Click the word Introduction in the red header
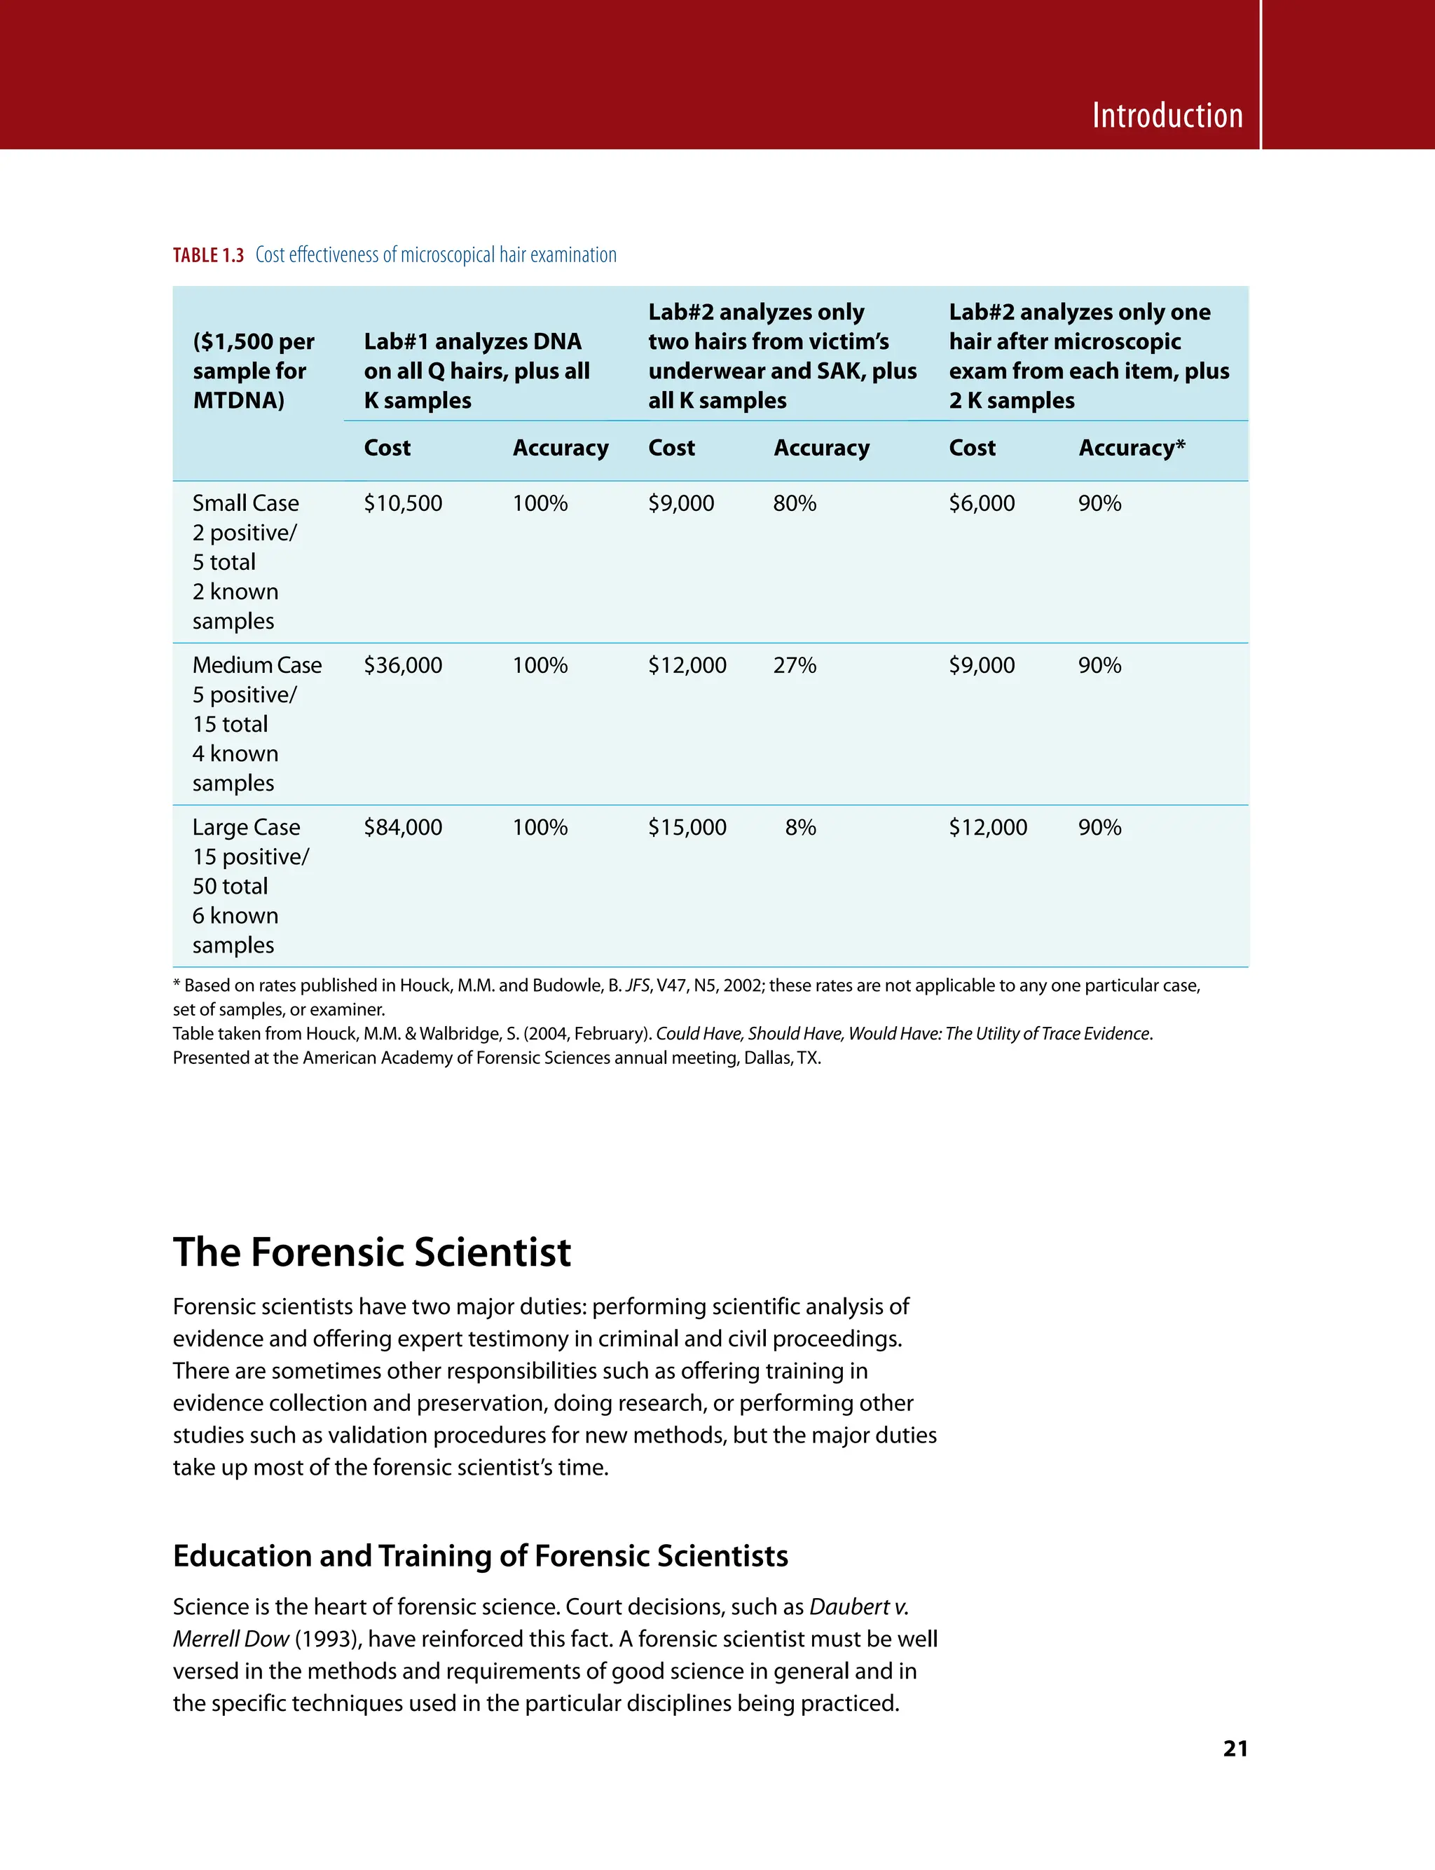[x=1167, y=116]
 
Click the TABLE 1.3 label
[x=207, y=255]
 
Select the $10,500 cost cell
[x=402, y=503]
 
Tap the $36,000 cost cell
[x=402, y=665]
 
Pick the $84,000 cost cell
[x=402, y=827]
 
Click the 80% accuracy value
[x=795, y=503]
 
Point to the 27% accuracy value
[x=795, y=665]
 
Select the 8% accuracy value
[x=800, y=827]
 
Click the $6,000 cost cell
[x=982, y=503]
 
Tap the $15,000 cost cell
[x=687, y=827]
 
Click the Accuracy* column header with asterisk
[x=1131, y=448]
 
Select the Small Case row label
[x=245, y=503]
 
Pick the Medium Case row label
[x=256, y=665]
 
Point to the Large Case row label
[x=246, y=827]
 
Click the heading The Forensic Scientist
[x=371, y=1253]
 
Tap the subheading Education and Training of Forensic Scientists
[x=480, y=1555]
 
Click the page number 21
[x=1235, y=1749]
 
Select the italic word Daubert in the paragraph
[x=849, y=1607]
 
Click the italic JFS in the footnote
[x=637, y=986]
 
